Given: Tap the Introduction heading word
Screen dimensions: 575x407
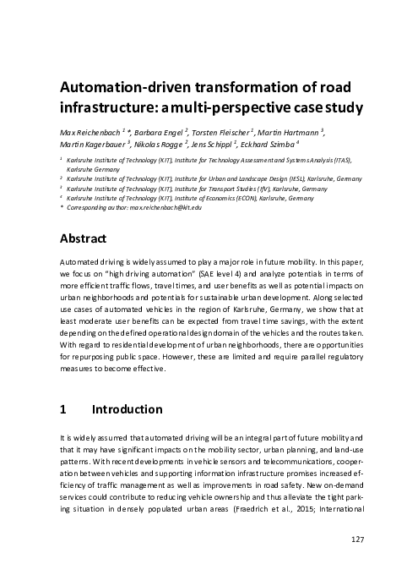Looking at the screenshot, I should tap(127, 410).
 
